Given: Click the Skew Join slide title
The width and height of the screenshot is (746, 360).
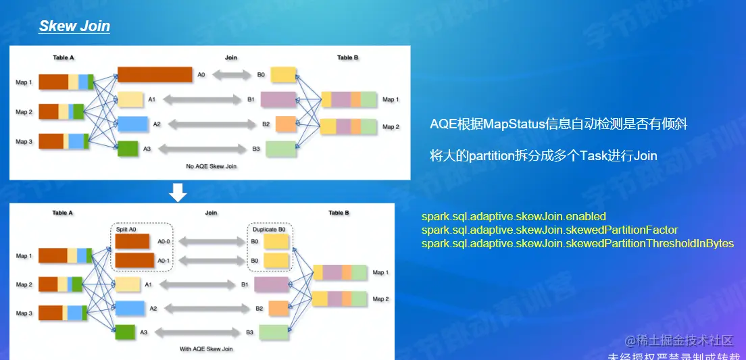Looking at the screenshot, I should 74,26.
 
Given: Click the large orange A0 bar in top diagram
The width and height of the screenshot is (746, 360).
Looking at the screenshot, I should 154,74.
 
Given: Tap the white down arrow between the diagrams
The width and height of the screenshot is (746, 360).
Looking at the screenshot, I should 178,192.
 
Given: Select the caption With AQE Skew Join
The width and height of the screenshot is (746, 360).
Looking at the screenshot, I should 206,349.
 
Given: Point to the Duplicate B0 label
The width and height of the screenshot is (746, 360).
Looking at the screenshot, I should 270,229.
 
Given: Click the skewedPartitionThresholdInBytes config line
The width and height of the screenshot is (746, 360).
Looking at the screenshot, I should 577,243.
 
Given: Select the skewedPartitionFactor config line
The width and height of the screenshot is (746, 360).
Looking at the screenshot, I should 549,230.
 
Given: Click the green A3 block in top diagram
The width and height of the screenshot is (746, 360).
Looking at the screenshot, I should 127,149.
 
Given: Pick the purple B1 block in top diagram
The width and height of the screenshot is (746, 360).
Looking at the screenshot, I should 278,99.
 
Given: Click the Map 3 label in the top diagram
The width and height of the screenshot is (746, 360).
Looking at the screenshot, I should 24,142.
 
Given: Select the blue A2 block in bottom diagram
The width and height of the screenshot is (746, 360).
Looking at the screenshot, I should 130,308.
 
